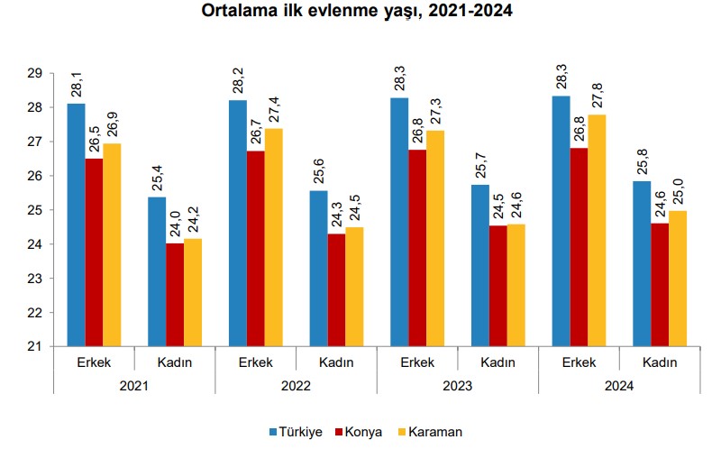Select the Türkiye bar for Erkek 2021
coord(77,225)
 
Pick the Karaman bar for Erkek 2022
coord(273,237)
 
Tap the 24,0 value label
coord(174,223)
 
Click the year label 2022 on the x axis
coord(296,385)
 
